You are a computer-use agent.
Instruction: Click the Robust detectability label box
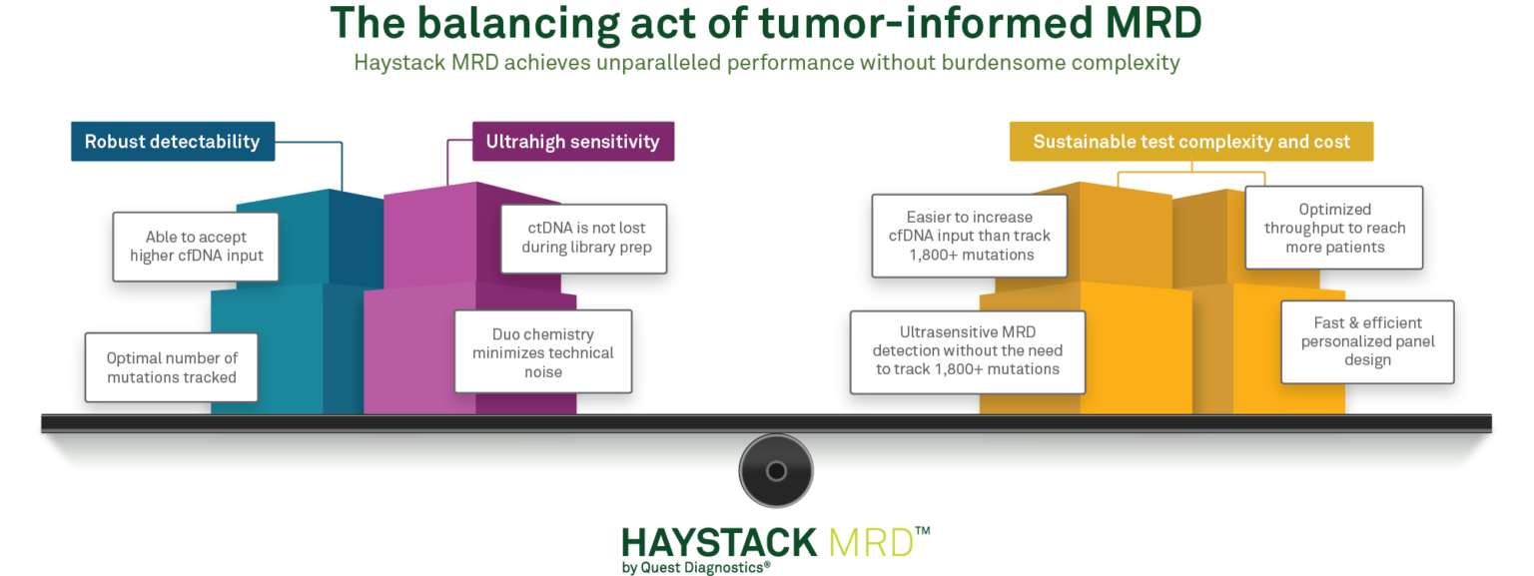[172, 142]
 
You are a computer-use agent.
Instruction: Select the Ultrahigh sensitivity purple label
[572, 142]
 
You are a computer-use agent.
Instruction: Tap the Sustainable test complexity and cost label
[1191, 142]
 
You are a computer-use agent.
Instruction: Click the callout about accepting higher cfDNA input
[197, 246]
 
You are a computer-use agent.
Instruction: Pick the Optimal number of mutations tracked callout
[172, 367]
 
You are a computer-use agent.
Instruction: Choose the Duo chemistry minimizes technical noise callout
[542, 352]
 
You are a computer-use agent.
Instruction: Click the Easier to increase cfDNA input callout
[969, 236]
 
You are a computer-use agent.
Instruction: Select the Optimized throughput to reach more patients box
[1334, 228]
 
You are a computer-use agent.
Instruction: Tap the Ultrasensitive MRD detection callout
[967, 350]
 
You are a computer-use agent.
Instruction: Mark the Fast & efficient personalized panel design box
[1367, 341]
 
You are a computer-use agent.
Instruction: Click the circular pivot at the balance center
[776, 470]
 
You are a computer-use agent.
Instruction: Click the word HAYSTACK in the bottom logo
[719, 543]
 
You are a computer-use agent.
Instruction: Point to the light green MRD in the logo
[871, 543]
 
